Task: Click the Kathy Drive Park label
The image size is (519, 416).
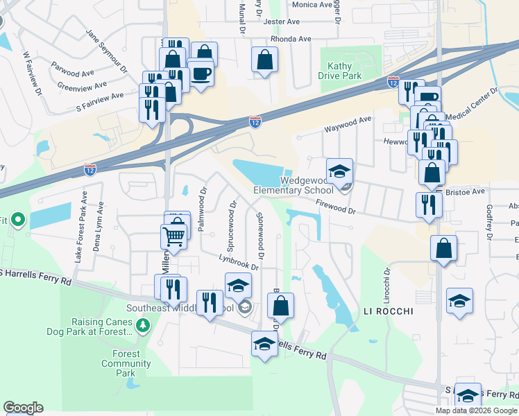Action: pyautogui.click(x=340, y=71)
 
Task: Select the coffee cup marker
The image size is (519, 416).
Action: pyautogui.click(x=201, y=73)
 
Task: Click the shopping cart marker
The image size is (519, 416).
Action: pyautogui.click(x=173, y=236)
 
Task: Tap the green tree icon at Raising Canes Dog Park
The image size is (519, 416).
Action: pyautogui.click(x=143, y=324)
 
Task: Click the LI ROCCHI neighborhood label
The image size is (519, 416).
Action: pyautogui.click(x=388, y=312)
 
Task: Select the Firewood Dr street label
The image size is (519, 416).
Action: pyautogui.click(x=335, y=207)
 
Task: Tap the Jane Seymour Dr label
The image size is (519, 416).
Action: pyautogui.click(x=106, y=51)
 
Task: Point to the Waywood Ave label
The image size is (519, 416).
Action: pyautogui.click(x=348, y=124)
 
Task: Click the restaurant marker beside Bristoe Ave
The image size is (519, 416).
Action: pyautogui.click(x=428, y=205)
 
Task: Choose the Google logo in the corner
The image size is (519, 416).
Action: pyautogui.click(x=23, y=408)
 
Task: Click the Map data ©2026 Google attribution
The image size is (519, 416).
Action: pyautogui.click(x=476, y=410)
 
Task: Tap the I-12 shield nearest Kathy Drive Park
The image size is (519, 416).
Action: pyautogui.click(x=393, y=83)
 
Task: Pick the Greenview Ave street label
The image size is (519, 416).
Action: pyautogui.click(x=82, y=86)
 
